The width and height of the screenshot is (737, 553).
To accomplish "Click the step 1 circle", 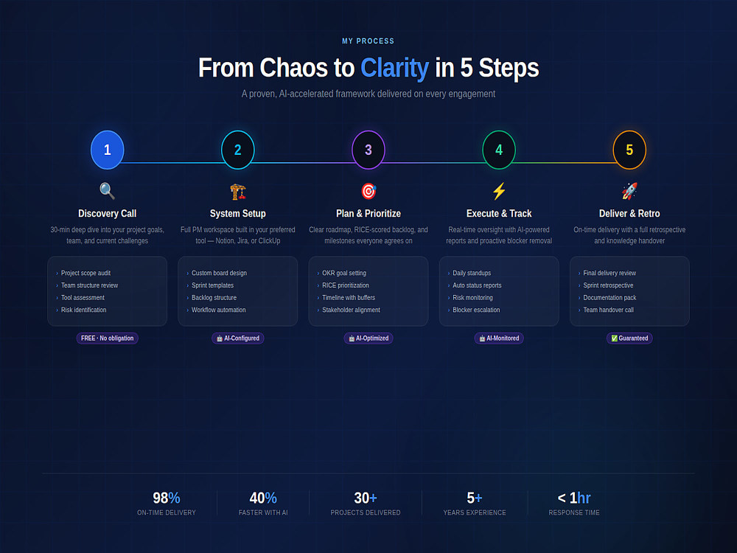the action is click(107, 150).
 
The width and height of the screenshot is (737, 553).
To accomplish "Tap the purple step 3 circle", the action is click(368, 150).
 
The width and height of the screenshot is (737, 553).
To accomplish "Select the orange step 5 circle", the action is click(629, 150).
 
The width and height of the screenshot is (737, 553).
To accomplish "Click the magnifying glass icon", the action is click(107, 191).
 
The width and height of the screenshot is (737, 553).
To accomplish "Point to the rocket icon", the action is click(629, 191).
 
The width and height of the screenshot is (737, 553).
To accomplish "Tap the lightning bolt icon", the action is click(499, 191).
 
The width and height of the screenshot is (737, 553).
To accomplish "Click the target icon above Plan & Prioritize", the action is click(368, 191).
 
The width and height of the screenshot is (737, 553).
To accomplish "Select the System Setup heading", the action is click(238, 214).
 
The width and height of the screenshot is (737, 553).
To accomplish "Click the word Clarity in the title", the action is click(394, 68).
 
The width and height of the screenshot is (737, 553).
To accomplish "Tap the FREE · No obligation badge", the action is click(107, 338).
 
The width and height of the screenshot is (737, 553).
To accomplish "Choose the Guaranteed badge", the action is click(629, 338).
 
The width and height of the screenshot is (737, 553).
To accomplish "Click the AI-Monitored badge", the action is click(499, 338).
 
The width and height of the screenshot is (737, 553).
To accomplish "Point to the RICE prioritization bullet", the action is click(346, 285).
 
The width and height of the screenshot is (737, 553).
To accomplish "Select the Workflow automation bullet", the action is click(219, 310).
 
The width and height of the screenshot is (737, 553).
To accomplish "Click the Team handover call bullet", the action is click(608, 310).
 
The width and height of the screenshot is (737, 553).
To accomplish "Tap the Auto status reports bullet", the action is click(477, 285).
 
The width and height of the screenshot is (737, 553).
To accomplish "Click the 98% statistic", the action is click(167, 498).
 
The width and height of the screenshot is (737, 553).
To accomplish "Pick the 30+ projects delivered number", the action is click(366, 498).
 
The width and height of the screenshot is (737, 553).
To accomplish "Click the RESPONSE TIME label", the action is click(574, 512).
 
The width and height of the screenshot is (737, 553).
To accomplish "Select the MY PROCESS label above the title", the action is click(368, 41).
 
